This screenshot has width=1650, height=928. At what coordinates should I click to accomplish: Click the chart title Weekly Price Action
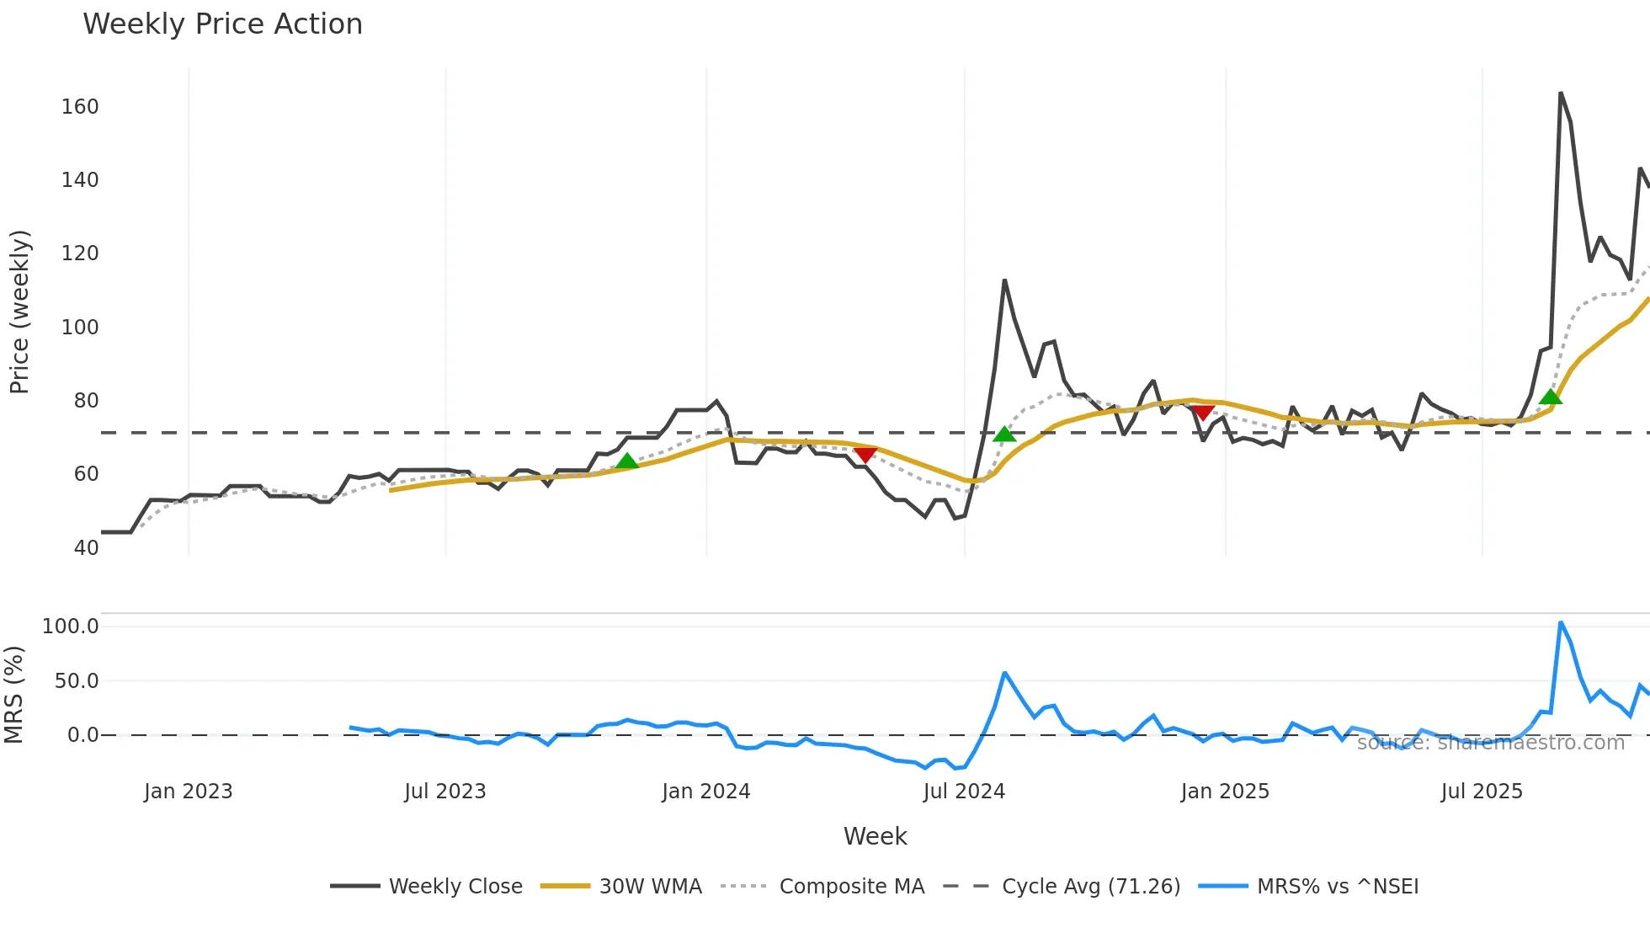[222, 24]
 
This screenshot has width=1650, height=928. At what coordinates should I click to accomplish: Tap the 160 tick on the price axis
[80, 107]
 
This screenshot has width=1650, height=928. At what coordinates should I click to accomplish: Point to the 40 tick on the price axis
[86, 548]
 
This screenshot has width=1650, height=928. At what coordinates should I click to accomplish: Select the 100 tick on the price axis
[80, 328]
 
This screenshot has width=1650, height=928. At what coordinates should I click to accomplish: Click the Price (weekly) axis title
[19, 312]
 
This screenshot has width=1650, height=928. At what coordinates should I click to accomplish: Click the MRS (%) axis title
[13, 695]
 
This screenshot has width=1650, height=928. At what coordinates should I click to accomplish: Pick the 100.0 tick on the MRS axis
[71, 627]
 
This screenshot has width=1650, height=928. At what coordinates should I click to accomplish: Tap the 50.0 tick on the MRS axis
[77, 681]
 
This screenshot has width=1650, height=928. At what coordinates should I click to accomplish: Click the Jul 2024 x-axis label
[964, 792]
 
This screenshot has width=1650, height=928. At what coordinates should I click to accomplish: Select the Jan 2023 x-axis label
[188, 792]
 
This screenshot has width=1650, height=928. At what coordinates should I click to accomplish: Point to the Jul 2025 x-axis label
[1482, 792]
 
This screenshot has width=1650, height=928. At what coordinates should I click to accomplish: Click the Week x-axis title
[875, 836]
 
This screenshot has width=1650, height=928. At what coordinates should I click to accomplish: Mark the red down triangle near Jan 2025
[1202, 413]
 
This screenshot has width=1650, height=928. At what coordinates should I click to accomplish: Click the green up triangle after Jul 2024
[1004, 435]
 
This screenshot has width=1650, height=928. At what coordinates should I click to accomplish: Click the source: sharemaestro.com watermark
[1490, 743]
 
